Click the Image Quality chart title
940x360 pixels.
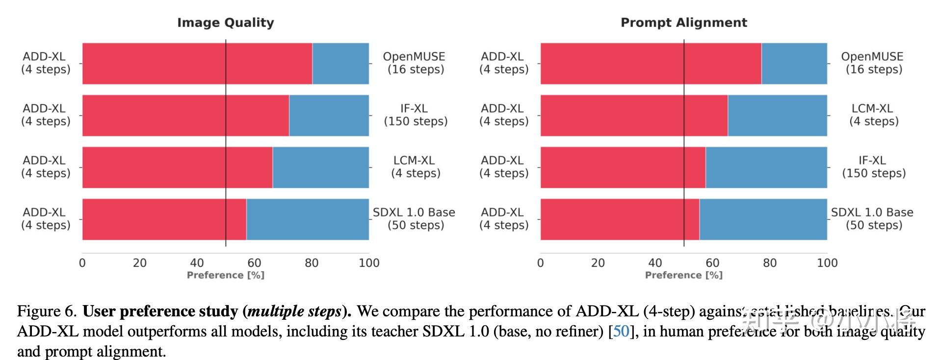pos(225,23)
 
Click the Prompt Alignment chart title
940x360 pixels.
pos(683,23)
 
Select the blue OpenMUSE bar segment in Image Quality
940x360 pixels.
pos(340,64)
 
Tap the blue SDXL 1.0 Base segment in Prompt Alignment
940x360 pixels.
pos(763,219)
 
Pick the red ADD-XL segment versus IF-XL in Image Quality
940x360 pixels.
pos(185,115)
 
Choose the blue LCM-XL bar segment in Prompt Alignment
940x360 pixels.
pos(777,115)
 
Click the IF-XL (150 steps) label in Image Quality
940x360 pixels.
pos(415,115)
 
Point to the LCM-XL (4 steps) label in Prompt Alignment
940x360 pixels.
pos(873,115)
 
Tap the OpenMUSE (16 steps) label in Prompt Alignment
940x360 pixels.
pos(873,63)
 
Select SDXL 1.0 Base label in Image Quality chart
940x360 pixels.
pos(414,219)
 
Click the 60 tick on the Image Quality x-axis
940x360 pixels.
pos(254,263)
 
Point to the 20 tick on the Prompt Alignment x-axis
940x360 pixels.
pos(598,263)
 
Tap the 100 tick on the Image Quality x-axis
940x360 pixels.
pos(369,263)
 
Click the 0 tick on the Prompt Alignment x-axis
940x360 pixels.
pos(540,263)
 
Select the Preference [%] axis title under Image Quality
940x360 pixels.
pos(225,275)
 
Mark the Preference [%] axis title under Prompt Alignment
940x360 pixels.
pos(683,275)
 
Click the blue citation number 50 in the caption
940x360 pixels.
pos(621,332)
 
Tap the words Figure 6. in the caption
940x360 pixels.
pos(47,311)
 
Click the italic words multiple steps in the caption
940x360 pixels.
pos(294,311)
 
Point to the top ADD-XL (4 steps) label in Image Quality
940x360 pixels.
pos(45,63)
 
